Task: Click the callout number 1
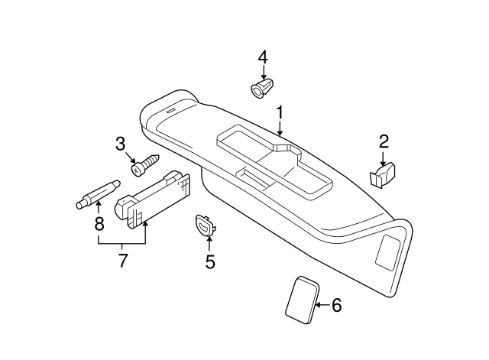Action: (x=280, y=113)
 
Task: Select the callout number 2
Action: (x=384, y=141)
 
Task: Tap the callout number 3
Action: (x=120, y=143)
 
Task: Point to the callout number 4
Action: (x=263, y=57)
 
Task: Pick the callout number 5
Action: (x=210, y=261)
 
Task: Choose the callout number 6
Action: (x=335, y=305)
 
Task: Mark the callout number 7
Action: (x=122, y=261)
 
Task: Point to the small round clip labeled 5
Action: (x=205, y=225)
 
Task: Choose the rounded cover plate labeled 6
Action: (x=301, y=300)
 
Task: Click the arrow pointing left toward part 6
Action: (x=322, y=305)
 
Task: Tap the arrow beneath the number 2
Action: (x=383, y=157)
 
